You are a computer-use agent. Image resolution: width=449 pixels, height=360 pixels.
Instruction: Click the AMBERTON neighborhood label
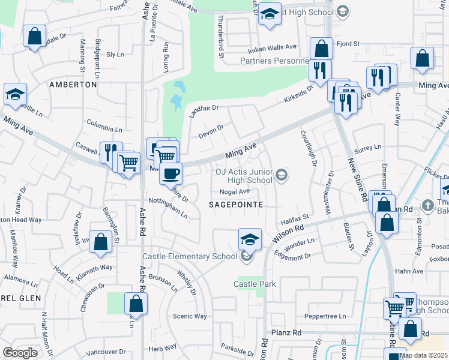tap(73, 85)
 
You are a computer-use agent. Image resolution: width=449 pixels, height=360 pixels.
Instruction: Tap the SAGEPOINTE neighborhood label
tap(235, 205)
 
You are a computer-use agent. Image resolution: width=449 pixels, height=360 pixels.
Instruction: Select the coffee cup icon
tap(171, 174)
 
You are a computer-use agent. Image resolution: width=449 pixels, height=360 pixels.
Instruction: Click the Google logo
tap(20, 352)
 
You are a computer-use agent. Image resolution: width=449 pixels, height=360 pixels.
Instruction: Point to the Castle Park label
tap(255, 283)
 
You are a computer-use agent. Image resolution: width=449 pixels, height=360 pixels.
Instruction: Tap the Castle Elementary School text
tap(190, 257)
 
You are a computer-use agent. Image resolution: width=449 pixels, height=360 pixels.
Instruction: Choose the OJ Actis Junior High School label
tap(244, 175)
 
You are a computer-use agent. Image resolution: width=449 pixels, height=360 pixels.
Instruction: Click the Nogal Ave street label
tap(235, 192)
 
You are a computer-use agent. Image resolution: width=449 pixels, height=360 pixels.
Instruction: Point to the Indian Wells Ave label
tap(273, 47)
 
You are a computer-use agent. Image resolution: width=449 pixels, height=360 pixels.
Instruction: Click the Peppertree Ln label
tap(326, 316)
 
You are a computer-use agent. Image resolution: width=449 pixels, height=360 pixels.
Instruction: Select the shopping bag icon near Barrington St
tap(101, 242)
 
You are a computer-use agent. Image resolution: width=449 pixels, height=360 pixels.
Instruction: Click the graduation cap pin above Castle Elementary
tap(250, 239)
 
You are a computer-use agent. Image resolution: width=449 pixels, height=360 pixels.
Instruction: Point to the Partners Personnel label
tap(274, 61)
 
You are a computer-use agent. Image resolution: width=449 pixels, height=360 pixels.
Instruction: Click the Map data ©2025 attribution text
tap(423, 355)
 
